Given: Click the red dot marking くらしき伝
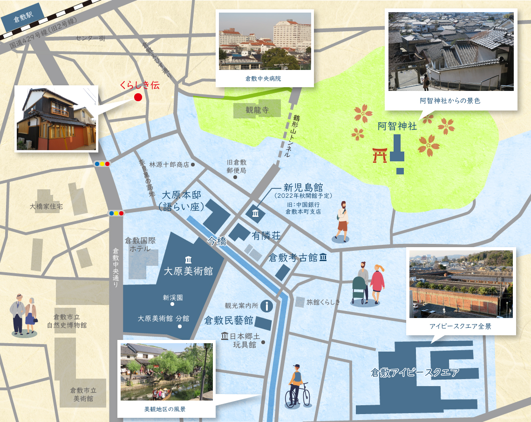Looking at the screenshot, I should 138,97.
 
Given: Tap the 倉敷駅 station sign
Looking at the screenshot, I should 23,19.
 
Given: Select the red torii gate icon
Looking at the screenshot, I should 380,155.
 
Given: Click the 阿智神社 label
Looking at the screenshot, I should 397,126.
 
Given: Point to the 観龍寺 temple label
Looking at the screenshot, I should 257,111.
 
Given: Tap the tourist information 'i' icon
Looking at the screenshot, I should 266,305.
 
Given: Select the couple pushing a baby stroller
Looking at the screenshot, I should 368,284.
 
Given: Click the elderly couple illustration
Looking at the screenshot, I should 24,315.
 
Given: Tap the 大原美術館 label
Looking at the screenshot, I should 188,271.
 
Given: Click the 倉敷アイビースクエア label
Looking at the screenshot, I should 415,373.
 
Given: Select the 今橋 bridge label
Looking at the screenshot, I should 217,241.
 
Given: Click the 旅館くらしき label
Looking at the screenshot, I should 323,302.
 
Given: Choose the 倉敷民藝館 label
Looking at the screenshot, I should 229,321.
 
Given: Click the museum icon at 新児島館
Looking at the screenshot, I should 256,214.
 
